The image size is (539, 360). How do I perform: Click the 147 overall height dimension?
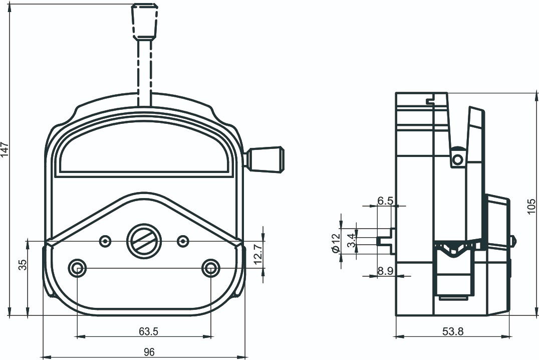pos(5,149)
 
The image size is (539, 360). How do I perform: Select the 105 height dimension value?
pos(531,206)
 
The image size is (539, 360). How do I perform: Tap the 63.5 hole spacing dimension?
pos(148,331)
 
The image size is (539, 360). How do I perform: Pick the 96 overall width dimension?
pos(149,352)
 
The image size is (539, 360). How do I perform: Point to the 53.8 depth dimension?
pos(453,331)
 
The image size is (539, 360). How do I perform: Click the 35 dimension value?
pos(23,265)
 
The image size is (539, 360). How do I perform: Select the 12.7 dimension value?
pos(258,253)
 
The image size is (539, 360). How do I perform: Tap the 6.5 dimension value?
pos(385,201)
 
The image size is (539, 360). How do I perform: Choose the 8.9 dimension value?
pos(385,271)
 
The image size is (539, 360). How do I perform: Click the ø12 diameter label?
pos(336,243)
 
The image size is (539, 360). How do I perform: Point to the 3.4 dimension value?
pos(351,240)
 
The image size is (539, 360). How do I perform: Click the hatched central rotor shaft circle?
pos(144,241)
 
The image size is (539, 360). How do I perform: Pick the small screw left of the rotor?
pos(105,241)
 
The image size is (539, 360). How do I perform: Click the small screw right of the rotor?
pos(183,241)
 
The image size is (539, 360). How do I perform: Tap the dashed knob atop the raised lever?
pos(145,21)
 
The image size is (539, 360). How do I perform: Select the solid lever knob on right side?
pos(266,159)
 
